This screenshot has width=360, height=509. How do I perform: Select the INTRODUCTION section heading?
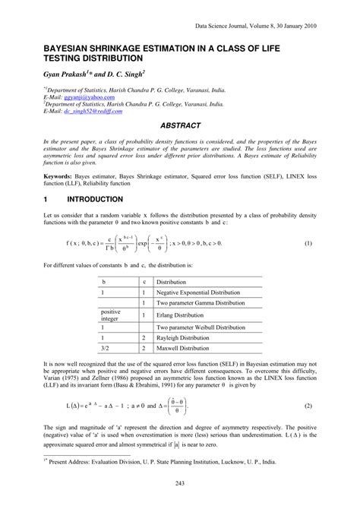[95, 199]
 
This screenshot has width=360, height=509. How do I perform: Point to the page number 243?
[180, 485]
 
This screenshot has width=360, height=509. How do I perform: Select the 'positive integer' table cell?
[111, 315]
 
